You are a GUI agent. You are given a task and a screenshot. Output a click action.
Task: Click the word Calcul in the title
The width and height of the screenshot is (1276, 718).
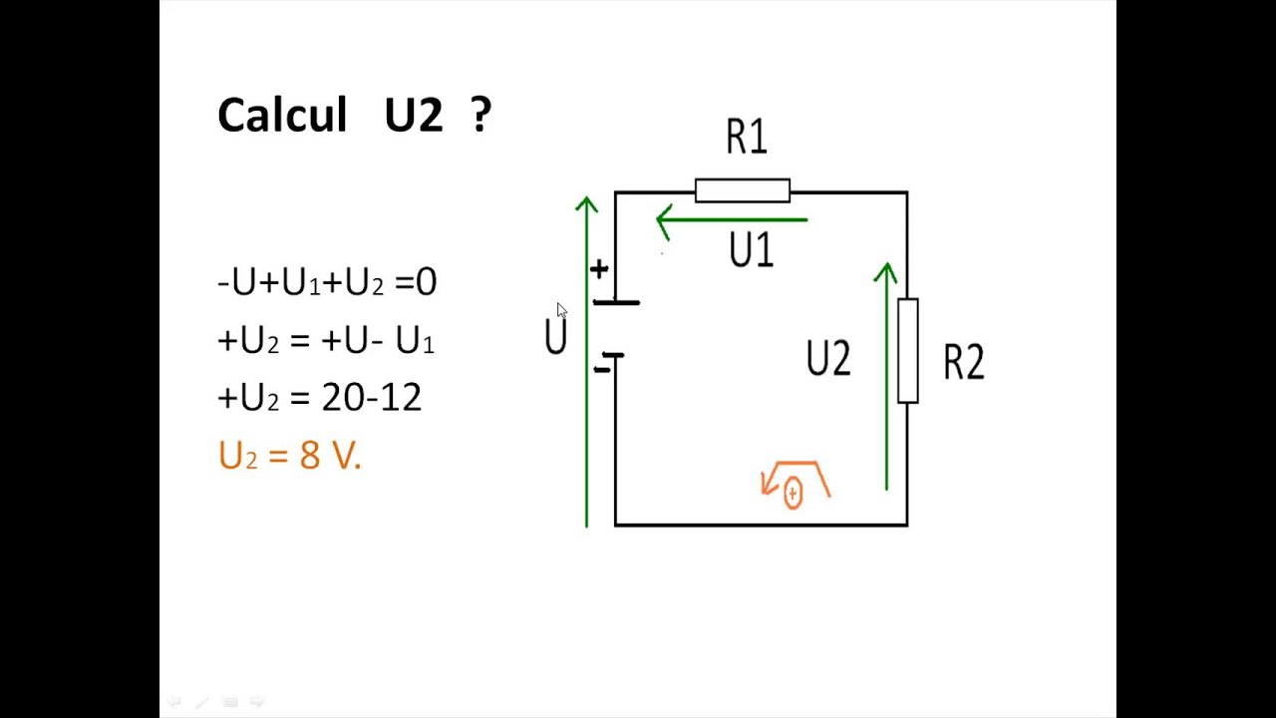[x=281, y=116]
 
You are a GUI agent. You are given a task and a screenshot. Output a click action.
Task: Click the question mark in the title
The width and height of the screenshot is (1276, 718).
[x=480, y=115]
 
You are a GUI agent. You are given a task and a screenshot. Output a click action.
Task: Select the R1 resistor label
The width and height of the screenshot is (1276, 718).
[x=746, y=138]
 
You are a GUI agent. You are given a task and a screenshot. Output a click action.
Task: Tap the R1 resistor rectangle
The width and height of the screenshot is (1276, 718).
[x=742, y=190]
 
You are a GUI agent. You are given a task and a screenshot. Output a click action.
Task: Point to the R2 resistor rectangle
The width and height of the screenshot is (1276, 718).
[x=907, y=351]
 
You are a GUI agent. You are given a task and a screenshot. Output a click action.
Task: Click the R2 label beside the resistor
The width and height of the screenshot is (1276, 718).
[x=963, y=363]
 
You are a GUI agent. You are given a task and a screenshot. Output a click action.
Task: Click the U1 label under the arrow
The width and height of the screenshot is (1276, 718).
[x=751, y=251]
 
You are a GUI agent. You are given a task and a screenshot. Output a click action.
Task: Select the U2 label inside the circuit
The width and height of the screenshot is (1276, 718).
[x=827, y=359]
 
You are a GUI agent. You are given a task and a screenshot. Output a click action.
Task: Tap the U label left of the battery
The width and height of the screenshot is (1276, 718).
[x=555, y=338]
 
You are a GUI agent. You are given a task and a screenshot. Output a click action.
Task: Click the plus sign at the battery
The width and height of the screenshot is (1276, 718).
[x=598, y=269]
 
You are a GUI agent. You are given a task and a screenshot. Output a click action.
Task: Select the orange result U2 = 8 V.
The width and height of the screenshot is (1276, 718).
[x=289, y=456]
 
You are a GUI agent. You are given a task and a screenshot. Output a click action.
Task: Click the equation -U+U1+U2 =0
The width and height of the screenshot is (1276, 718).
[x=327, y=282]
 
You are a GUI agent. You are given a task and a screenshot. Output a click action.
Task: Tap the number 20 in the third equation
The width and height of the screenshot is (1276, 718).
[x=344, y=398]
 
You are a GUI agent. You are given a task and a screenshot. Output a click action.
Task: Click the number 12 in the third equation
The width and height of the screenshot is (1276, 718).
[x=401, y=398]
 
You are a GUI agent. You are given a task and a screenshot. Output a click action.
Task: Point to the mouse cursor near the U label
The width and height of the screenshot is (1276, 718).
[x=561, y=310]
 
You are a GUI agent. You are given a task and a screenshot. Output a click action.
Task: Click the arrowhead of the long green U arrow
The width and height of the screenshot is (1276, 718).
[x=586, y=204]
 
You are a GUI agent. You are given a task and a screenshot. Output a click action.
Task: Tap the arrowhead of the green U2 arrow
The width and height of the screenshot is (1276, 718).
[x=885, y=271]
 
